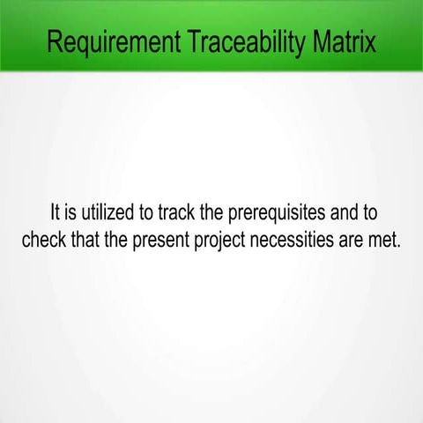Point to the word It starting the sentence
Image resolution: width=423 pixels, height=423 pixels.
(56, 213)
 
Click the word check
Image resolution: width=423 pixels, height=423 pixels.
(45, 240)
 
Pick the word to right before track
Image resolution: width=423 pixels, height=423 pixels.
(162, 213)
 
